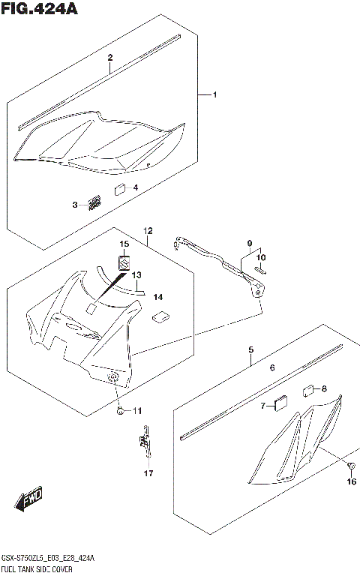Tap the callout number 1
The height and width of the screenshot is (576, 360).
(x=214, y=95)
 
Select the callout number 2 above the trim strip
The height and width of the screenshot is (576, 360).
(x=109, y=58)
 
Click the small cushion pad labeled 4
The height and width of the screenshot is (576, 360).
(x=120, y=189)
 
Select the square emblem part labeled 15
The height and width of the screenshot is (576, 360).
(x=124, y=263)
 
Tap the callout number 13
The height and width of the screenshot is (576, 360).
(x=137, y=274)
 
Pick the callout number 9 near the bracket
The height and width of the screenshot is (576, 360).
(x=250, y=244)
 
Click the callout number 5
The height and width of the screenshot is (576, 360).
(x=251, y=349)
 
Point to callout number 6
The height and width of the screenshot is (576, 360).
(x=273, y=368)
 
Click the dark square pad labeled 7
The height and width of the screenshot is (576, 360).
(x=281, y=404)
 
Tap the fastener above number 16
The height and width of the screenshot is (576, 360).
(x=350, y=468)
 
